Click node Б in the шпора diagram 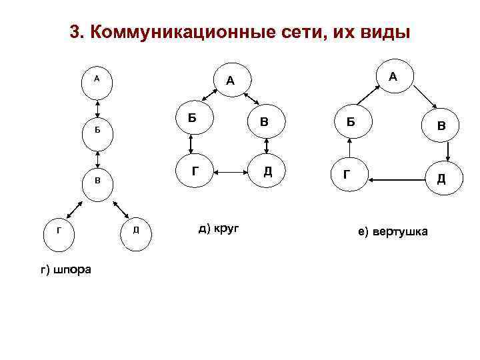pyautogui.click(x=97, y=130)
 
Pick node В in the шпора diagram pyautogui.click(x=97, y=181)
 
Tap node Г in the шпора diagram pyautogui.click(x=59, y=231)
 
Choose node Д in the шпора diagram pyautogui.click(x=135, y=231)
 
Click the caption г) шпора pyautogui.click(x=67, y=269)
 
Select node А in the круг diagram pyautogui.click(x=230, y=81)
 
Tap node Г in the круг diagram pyautogui.click(x=194, y=171)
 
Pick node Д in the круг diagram pyautogui.click(x=267, y=171)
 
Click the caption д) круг pyautogui.click(x=219, y=229)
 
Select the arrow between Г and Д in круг pyautogui.click(x=230, y=172)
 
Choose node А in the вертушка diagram pyautogui.click(x=393, y=78)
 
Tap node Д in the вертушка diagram pyautogui.click(x=441, y=178)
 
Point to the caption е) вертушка pyautogui.click(x=394, y=231)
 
